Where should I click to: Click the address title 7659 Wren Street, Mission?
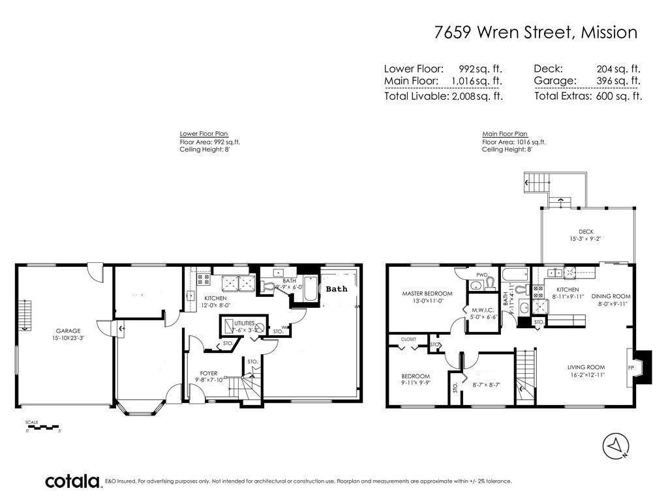click(x=535, y=33)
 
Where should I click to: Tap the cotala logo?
click(x=72, y=481)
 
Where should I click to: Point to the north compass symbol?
click(x=615, y=445)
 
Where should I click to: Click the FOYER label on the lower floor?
click(x=208, y=374)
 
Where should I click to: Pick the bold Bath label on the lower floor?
click(x=337, y=289)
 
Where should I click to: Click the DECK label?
click(x=586, y=232)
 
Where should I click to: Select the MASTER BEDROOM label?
click(x=427, y=294)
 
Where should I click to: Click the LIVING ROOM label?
click(x=586, y=367)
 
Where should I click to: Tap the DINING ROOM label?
click(x=611, y=297)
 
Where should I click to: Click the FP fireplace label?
click(x=631, y=368)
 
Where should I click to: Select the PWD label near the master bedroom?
click(x=482, y=275)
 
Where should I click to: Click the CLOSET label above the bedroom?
click(x=408, y=339)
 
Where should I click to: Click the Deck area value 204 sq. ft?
click(x=618, y=68)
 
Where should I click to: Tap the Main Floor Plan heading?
click(x=504, y=134)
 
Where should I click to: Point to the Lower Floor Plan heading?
click(x=203, y=134)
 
